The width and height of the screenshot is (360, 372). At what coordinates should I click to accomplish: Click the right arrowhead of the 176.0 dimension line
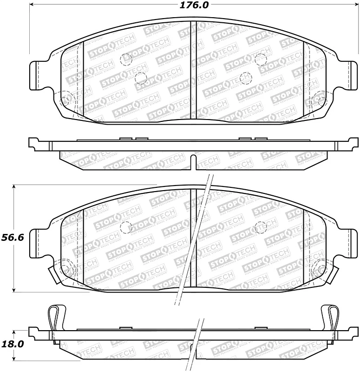point(357,6)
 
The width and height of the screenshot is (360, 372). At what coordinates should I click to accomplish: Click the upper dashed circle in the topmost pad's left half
point(126,59)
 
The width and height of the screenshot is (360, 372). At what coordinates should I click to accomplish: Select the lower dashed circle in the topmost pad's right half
point(246,78)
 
